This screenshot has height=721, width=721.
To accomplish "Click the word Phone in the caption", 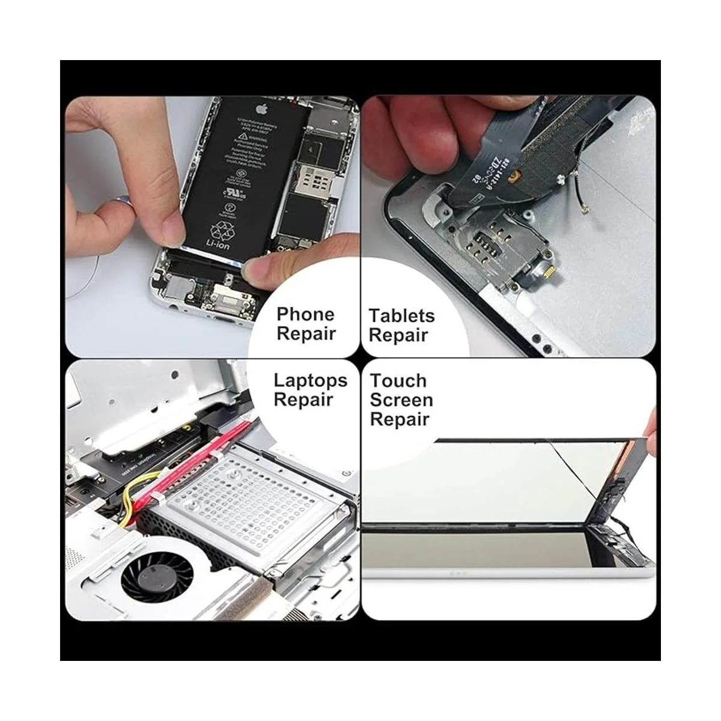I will pyautogui.click(x=305, y=314).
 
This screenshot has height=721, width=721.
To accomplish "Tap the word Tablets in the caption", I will pyautogui.click(x=401, y=315).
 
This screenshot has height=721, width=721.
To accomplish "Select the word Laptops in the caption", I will pyautogui.click(x=310, y=380).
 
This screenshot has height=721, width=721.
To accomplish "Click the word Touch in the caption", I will pyautogui.click(x=398, y=380).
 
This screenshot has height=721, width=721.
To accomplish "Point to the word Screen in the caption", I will pyautogui.click(x=401, y=400).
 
